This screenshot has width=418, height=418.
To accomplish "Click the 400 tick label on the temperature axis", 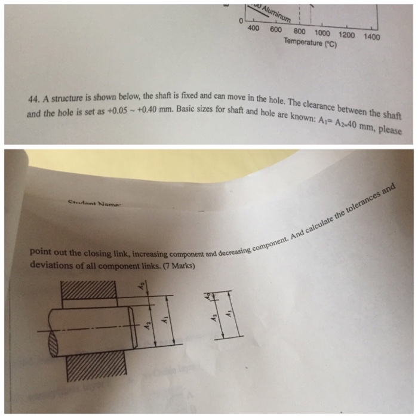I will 253,28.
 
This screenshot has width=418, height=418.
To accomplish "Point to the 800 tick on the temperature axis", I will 300,31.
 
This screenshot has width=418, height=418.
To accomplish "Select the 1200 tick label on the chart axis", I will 347,35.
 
